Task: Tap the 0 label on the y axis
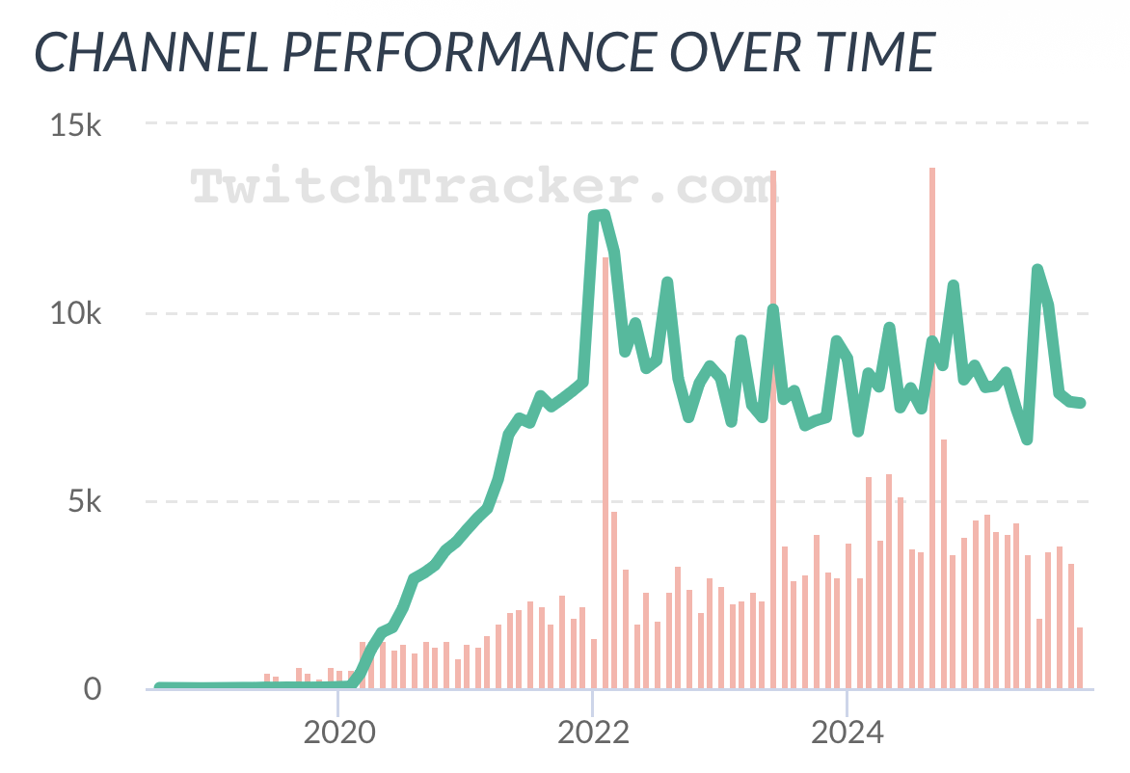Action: point(92,689)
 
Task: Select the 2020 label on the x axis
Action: point(338,733)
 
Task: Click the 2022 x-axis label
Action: point(592,733)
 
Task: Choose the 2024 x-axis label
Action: point(846,733)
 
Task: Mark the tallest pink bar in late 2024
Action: point(932,424)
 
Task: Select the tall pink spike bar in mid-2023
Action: point(773,424)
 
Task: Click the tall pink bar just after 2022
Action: point(605,472)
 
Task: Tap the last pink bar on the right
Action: point(1080,658)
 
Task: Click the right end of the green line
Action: point(1081,403)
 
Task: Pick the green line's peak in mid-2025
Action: point(1037,270)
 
